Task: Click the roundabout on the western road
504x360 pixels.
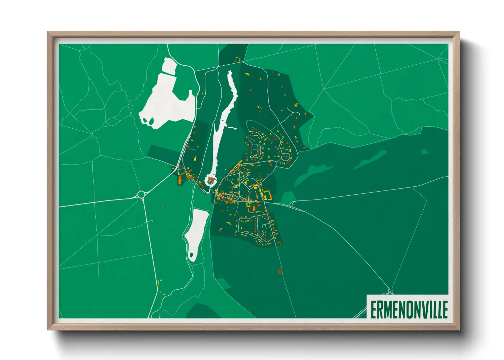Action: coord(141,195)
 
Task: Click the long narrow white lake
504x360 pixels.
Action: coord(221,126)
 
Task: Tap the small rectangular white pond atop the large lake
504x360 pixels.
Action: coord(169,66)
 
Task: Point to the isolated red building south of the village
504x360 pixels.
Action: coord(280,272)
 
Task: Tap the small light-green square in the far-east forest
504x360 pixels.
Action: coord(424,152)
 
